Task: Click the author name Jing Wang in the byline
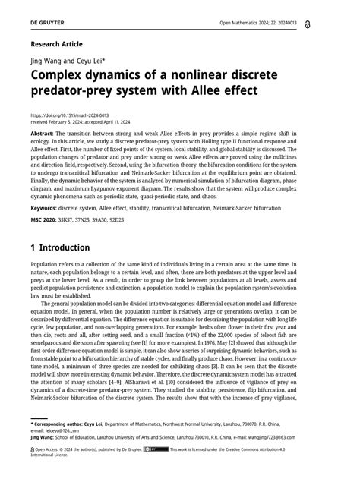point(47,61)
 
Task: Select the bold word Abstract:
point(46,133)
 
